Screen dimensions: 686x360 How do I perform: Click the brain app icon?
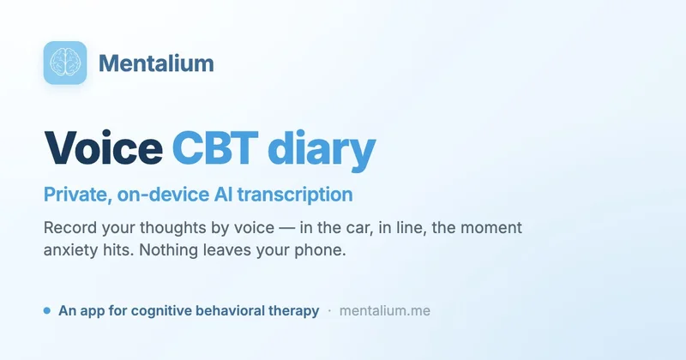click(65, 63)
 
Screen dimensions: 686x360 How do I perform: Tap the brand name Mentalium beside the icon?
click(156, 63)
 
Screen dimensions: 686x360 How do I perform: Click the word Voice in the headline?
click(104, 147)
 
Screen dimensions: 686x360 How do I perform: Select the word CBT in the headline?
click(215, 147)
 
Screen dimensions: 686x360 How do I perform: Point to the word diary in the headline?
click(322, 150)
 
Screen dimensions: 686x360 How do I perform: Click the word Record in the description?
click(70, 227)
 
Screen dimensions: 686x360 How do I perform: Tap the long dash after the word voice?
click(287, 228)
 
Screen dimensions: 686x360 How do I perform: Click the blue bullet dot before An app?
click(47, 310)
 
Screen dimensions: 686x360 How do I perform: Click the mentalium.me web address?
click(385, 310)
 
